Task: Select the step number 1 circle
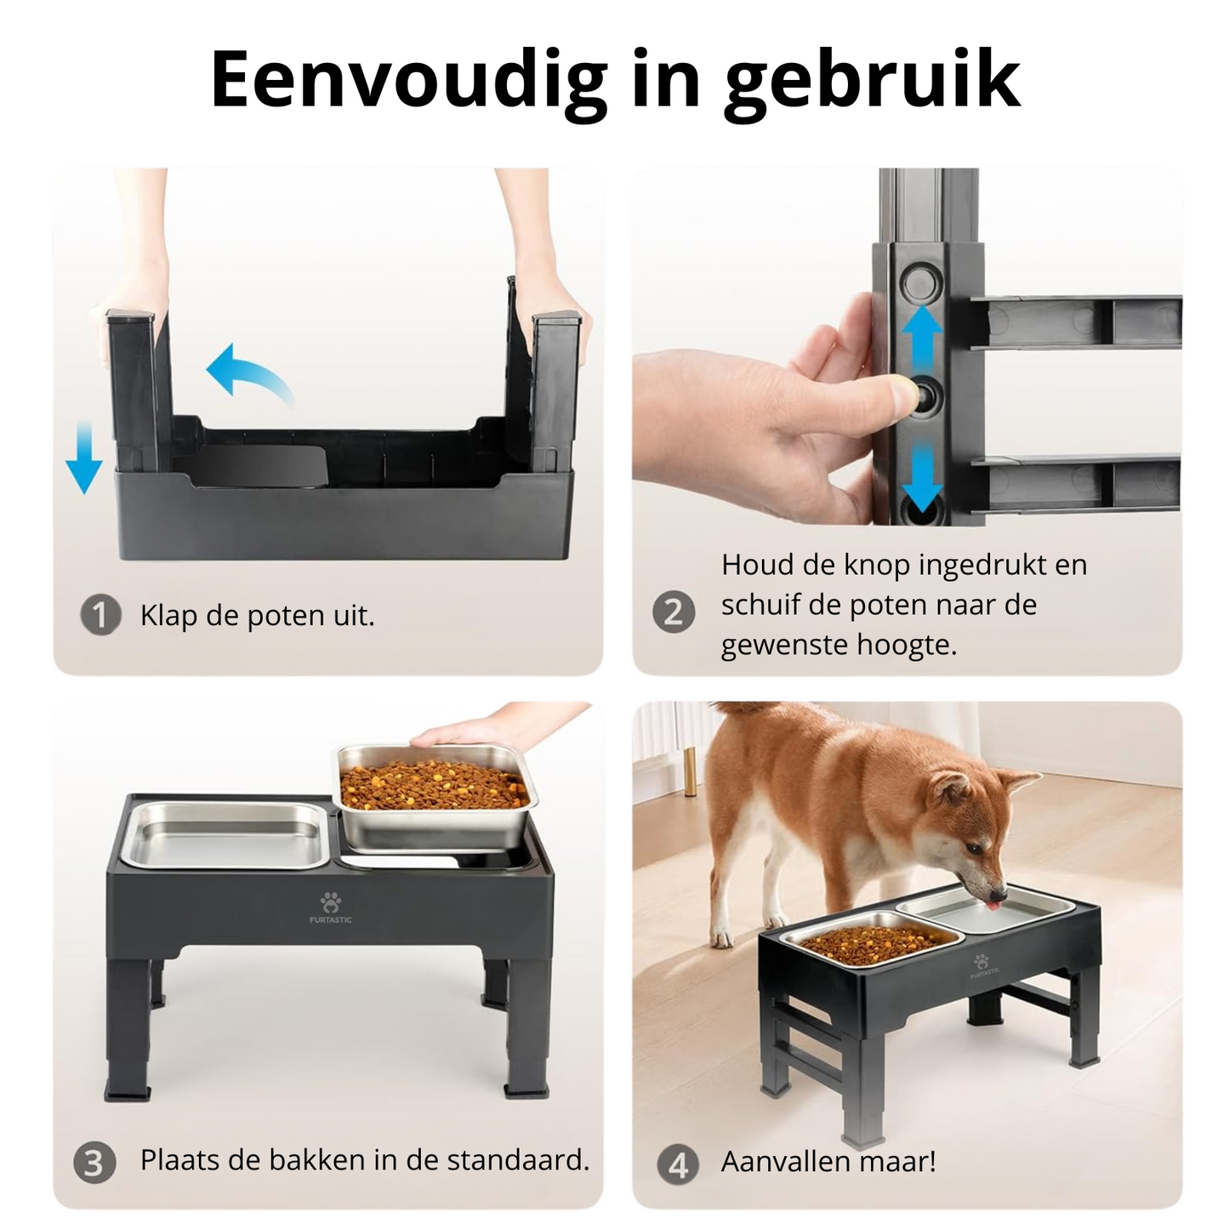pos(100,615)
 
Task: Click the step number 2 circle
pos(674,612)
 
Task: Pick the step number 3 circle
pos(94,1163)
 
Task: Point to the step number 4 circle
pos(678,1164)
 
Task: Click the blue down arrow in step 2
pos(922,476)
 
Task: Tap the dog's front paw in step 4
pos(721,936)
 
